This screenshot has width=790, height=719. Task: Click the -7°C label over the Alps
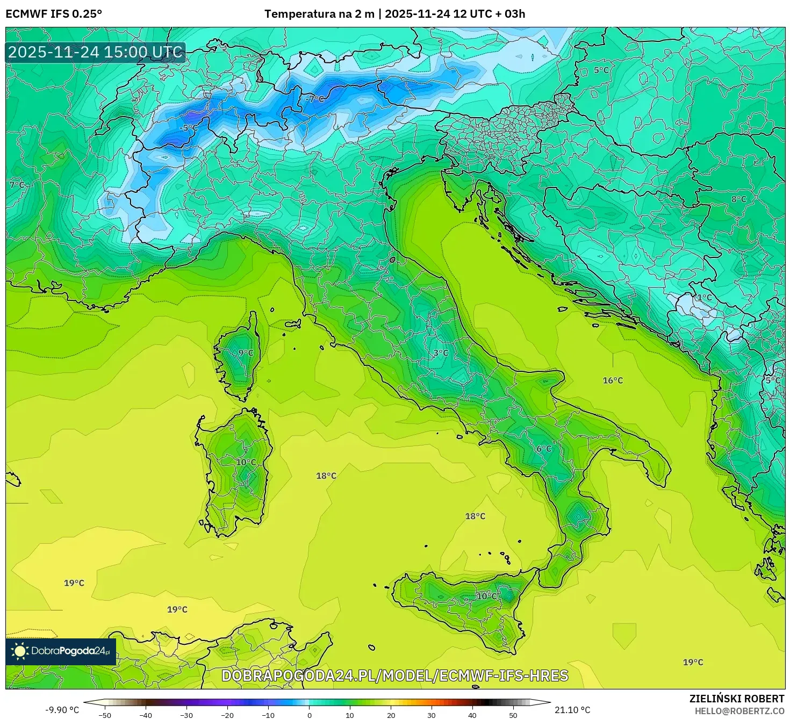click(x=315, y=99)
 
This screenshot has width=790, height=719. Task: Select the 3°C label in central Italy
click(x=441, y=353)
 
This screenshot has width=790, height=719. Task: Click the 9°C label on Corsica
click(x=246, y=353)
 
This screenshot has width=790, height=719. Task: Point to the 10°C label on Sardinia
click(x=246, y=462)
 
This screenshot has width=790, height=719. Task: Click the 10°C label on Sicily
click(x=487, y=596)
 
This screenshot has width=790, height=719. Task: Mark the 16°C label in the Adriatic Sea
click(x=613, y=380)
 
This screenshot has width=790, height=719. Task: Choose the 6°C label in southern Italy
click(x=544, y=449)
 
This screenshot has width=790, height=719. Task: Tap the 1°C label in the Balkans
click(x=704, y=297)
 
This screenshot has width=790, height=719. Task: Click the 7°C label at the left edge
click(x=17, y=185)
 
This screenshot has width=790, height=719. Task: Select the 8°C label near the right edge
click(x=739, y=199)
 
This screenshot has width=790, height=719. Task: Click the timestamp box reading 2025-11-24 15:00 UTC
click(x=96, y=52)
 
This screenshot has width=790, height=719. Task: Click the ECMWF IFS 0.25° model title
click(x=54, y=14)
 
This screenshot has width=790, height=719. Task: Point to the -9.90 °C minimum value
click(x=62, y=710)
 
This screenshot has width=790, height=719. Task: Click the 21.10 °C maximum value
click(x=572, y=710)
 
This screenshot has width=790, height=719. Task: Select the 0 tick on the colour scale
click(x=309, y=715)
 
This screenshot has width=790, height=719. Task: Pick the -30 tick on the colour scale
click(x=186, y=715)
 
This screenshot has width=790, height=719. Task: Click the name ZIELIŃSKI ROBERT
click(x=737, y=699)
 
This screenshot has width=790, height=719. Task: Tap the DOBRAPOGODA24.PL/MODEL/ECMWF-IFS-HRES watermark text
click(x=395, y=675)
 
